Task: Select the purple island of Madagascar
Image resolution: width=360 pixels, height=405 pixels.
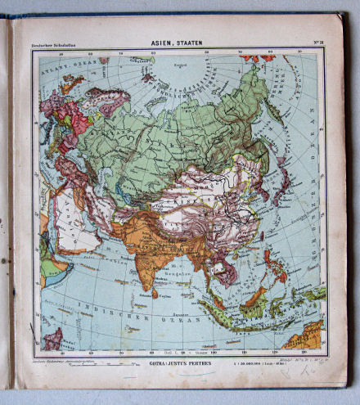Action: tap(53, 337)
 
